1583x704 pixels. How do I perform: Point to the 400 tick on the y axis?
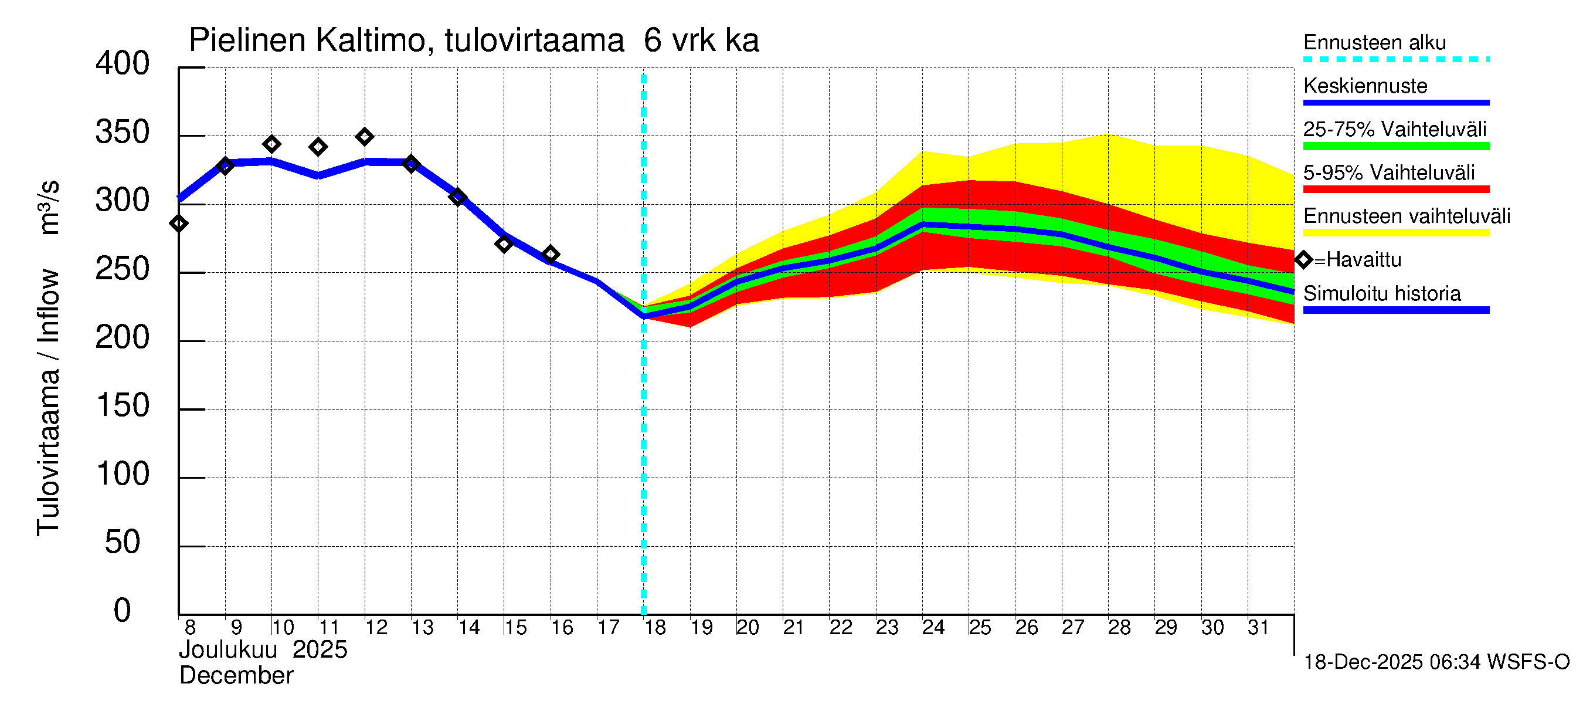tap(123, 64)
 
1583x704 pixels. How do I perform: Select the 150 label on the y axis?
tap(123, 406)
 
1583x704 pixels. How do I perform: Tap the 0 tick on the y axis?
tap(123, 611)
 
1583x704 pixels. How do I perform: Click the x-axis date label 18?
tap(655, 627)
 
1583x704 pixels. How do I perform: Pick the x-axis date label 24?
tap(933, 627)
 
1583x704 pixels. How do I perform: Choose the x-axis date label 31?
tap(1258, 627)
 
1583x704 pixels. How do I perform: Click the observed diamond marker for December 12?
tap(365, 137)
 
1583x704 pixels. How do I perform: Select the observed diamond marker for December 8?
tap(179, 224)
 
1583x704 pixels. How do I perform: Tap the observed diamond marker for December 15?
tap(504, 244)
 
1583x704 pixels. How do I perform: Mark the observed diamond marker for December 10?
tap(271, 144)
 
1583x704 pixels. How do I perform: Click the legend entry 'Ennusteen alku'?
tap(1374, 42)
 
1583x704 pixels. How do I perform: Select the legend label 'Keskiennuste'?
tap(1365, 86)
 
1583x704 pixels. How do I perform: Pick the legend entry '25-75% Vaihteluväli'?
tap(1394, 129)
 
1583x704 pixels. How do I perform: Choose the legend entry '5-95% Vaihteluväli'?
tap(1388, 172)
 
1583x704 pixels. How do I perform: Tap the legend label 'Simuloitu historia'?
tap(1381, 294)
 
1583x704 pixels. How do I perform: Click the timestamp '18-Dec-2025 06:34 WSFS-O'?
tap(1436, 662)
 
